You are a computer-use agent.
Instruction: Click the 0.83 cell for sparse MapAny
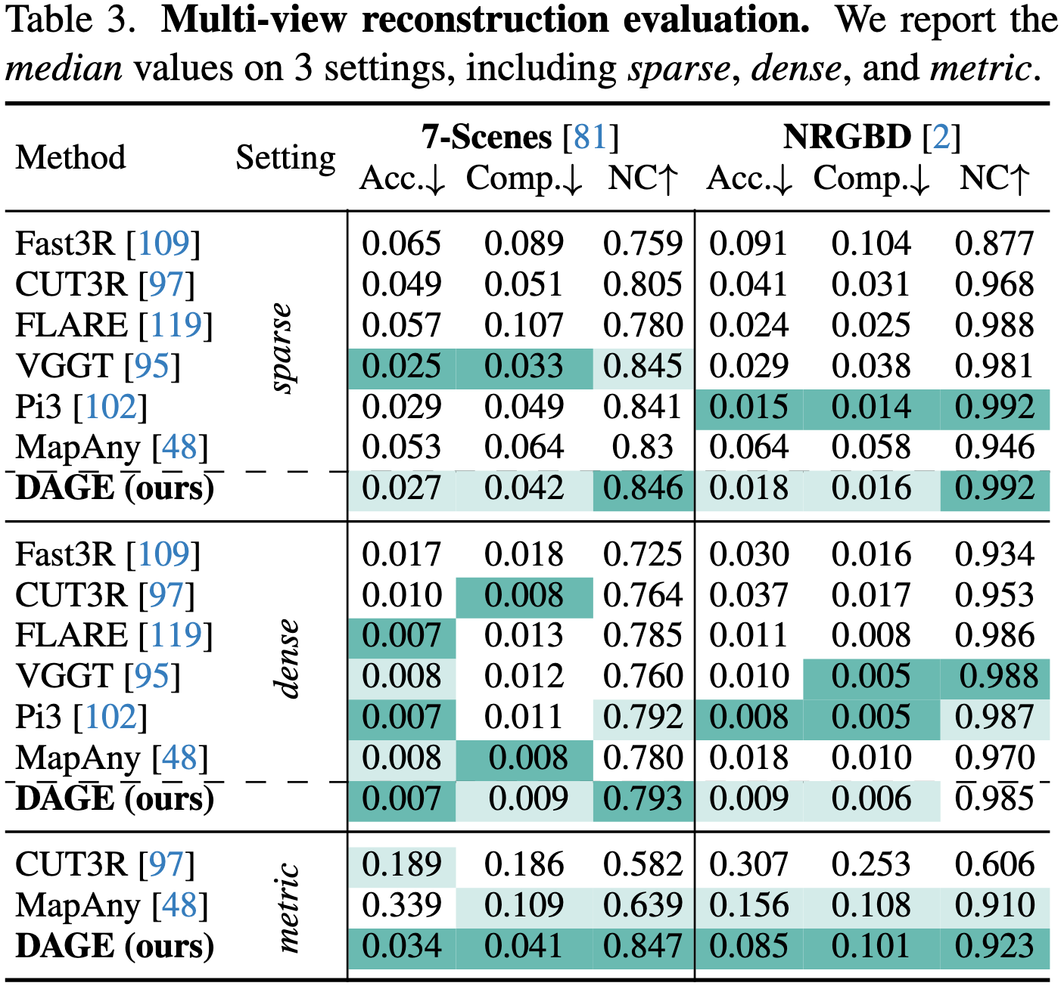tap(643, 447)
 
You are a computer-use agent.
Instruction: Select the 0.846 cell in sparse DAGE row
tap(643, 488)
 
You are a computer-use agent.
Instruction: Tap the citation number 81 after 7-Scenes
tap(590, 137)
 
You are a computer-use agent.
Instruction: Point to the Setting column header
tap(285, 158)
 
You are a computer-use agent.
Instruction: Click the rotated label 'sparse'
tap(282, 348)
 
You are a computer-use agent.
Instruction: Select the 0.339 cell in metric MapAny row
tap(401, 905)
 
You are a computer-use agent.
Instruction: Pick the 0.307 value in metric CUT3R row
tap(748, 864)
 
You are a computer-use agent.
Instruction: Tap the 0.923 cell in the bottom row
tap(994, 947)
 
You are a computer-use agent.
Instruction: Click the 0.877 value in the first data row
tap(994, 243)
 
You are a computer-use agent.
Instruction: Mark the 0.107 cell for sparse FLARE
tap(524, 325)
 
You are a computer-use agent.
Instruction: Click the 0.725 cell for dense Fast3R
tap(643, 554)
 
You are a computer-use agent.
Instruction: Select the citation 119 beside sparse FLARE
tap(176, 325)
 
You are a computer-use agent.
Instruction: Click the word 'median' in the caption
tap(64, 68)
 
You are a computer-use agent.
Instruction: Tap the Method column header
tap(70, 158)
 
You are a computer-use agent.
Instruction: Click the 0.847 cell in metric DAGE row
tap(643, 947)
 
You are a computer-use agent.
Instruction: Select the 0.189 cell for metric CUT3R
tap(401, 864)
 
